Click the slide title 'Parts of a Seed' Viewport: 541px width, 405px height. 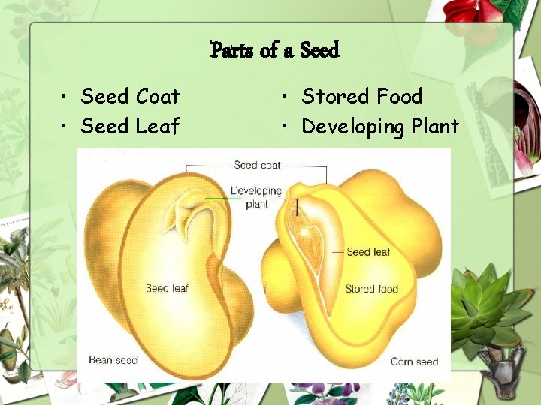275,50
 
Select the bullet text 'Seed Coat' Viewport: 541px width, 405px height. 130,96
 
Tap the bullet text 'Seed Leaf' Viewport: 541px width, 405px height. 130,126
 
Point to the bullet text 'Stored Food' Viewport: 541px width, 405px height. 361,96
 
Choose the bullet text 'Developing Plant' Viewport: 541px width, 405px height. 379,127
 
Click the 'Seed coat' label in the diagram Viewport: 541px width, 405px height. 257,165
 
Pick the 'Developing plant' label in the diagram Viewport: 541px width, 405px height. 255,197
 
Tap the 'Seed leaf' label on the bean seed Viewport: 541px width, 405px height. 167,288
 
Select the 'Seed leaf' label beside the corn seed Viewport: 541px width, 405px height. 368,252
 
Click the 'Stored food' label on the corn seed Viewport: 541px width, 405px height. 371,289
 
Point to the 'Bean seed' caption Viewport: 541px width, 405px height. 113,360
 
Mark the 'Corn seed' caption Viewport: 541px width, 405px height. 414,361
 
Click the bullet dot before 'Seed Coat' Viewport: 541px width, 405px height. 67,97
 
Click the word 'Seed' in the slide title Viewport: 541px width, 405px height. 319,50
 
